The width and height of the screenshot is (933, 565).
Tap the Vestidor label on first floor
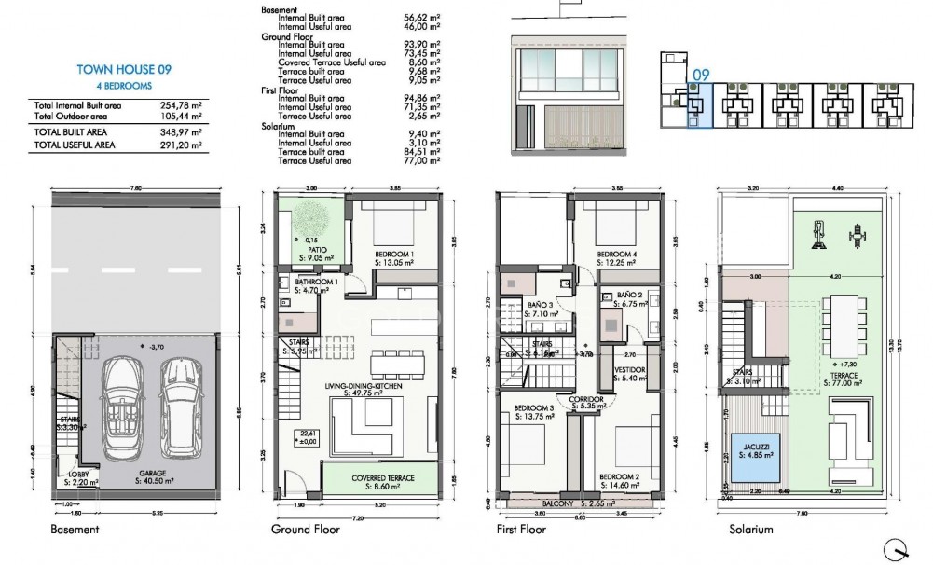629,373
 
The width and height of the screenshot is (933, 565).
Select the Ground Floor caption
305,530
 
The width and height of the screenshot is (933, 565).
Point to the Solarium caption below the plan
751,530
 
